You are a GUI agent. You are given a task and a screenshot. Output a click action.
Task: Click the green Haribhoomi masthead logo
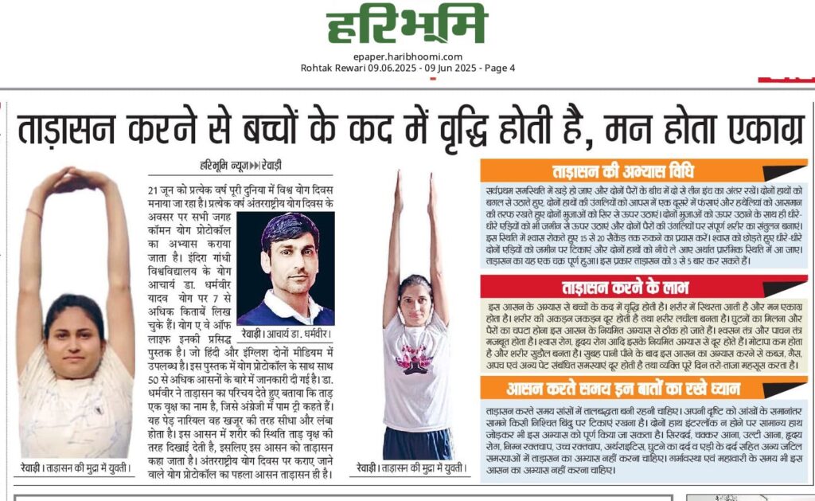(407, 25)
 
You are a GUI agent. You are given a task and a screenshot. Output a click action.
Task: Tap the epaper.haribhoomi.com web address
(407, 57)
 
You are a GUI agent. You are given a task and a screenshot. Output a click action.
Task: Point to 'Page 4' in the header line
(497, 68)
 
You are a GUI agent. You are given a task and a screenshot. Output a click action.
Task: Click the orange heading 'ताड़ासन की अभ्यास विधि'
(622, 171)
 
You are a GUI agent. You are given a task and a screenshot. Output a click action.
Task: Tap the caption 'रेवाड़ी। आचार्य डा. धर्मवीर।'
(289, 335)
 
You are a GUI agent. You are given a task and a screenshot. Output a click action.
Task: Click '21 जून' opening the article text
(162, 191)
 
